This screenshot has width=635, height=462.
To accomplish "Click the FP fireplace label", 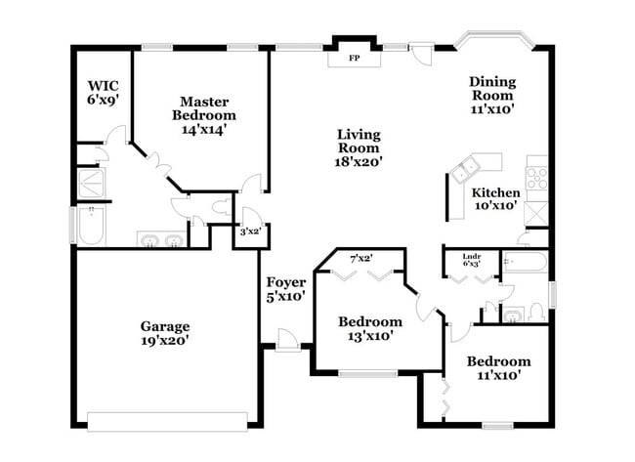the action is click(x=355, y=58).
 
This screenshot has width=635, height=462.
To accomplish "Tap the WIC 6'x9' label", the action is click(x=103, y=93).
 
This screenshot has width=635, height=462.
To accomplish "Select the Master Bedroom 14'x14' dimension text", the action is click(x=204, y=130).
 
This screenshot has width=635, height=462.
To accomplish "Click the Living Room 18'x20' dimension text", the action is click(x=359, y=161).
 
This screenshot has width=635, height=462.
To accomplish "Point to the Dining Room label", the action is click(x=492, y=89).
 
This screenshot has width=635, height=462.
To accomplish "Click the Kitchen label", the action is click(x=495, y=192).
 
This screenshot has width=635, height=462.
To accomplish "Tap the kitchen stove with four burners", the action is click(x=536, y=178).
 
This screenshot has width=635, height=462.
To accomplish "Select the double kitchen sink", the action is click(x=466, y=171).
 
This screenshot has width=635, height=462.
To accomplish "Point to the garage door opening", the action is click(x=167, y=422).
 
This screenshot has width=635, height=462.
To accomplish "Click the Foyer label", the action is click(x=286, y=282).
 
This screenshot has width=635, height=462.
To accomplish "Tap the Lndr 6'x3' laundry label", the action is click(x=472, y=260).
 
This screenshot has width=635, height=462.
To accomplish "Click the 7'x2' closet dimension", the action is click(x=361, y=258).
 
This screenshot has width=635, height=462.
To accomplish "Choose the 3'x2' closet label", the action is click(x=250, y=231).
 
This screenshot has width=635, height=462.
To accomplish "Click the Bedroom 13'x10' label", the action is click(x=370, y=328).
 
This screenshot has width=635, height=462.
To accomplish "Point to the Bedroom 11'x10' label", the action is click(x=498, y=368).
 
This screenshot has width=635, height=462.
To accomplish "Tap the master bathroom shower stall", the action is click(x=92, y=183).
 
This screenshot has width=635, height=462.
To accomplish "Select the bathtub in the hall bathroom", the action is click(x=526, y=263).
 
